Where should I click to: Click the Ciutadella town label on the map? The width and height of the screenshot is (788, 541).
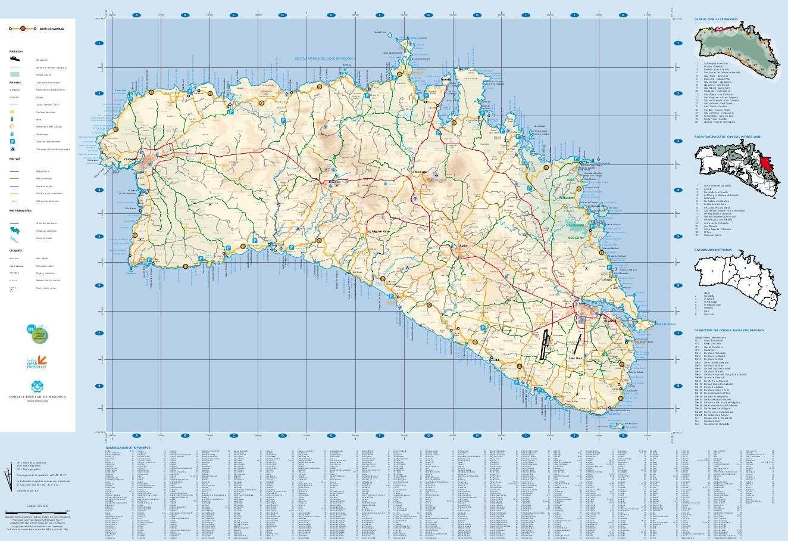pos(130,160)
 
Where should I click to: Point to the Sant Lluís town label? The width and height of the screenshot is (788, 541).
pos(575,358)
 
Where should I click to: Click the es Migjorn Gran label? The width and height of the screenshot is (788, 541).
pos(377,231)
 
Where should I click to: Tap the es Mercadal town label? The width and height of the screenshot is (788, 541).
pos(420,171)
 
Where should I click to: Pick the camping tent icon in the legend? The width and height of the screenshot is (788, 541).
pos(12,149)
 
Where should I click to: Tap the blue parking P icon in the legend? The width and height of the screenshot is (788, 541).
pos(12,141)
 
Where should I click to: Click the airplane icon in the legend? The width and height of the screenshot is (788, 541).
pos(12,60)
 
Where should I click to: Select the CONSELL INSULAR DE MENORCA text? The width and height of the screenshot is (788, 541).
pos(37,396)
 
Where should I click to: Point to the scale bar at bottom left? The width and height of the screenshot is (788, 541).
pos(37,511)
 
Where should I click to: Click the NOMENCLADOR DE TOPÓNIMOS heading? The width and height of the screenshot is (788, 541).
pos(128,447)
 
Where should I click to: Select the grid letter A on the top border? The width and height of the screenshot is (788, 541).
pos(136,15)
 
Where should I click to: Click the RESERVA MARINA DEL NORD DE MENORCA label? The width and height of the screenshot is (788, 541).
pos(325,58)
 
